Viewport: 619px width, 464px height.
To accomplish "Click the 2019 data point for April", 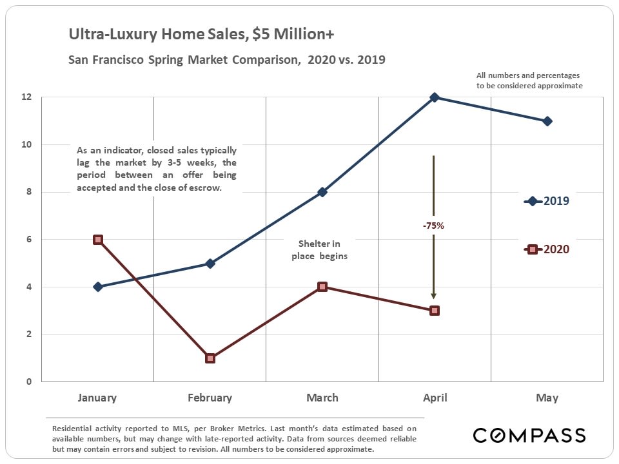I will click(x=435, y=97).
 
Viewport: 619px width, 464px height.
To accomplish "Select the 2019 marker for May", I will click(x=547, y=121).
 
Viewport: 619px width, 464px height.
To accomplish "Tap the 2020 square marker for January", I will click(x=98, y=239).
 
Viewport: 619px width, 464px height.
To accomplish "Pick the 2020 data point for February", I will click(x=210, y=358).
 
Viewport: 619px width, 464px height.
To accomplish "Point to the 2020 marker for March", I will click(x=322, y=287).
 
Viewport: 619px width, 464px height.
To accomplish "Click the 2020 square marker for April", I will click(x=435, y=311).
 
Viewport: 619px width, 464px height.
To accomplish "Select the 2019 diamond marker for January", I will click(x=98, y=287).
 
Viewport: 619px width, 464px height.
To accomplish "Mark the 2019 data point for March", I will click(x=322, y=192).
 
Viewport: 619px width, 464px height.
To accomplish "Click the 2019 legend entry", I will click(x=547, y=201).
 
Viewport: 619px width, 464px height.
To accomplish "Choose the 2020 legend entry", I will click(x=547, y=249).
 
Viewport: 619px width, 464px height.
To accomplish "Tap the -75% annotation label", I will click(x=433, y=226).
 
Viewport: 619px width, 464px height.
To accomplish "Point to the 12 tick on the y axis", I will click(x=26, y=97).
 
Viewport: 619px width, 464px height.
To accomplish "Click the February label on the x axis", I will click(x=210, y=398).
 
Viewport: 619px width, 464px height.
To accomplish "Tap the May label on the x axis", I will click(x=547, y=398).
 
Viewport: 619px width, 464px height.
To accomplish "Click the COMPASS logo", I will click(x=529, y=435).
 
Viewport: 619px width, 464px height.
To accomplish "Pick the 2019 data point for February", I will click(x=210, y=263).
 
